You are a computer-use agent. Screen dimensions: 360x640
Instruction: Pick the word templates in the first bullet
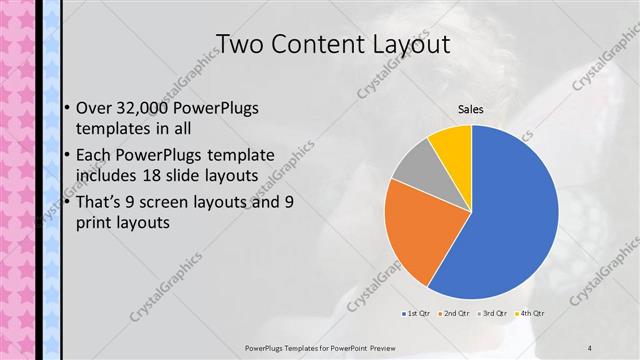click(x=116, y=129)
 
